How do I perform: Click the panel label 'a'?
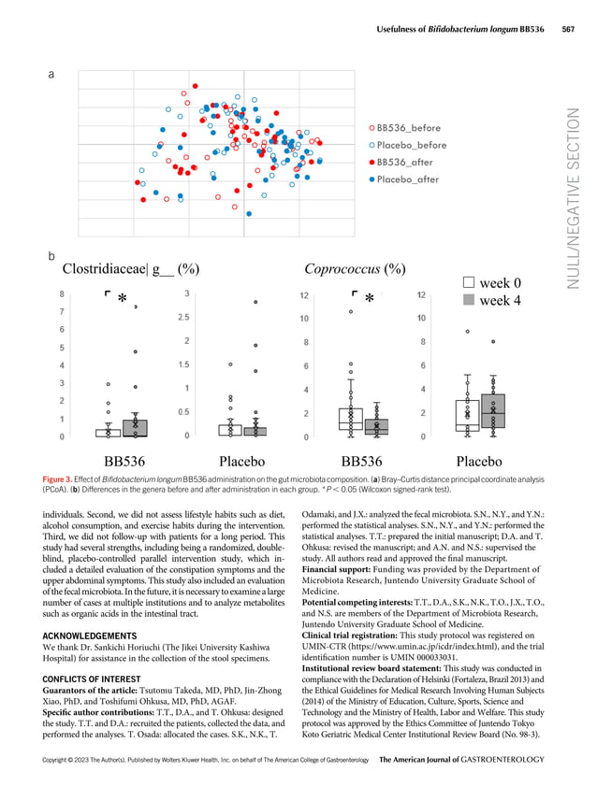point(51,78)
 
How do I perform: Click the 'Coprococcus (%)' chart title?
point(355,270)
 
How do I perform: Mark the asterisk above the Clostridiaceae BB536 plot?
point(122,299)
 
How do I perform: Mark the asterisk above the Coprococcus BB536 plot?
point(369,299)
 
